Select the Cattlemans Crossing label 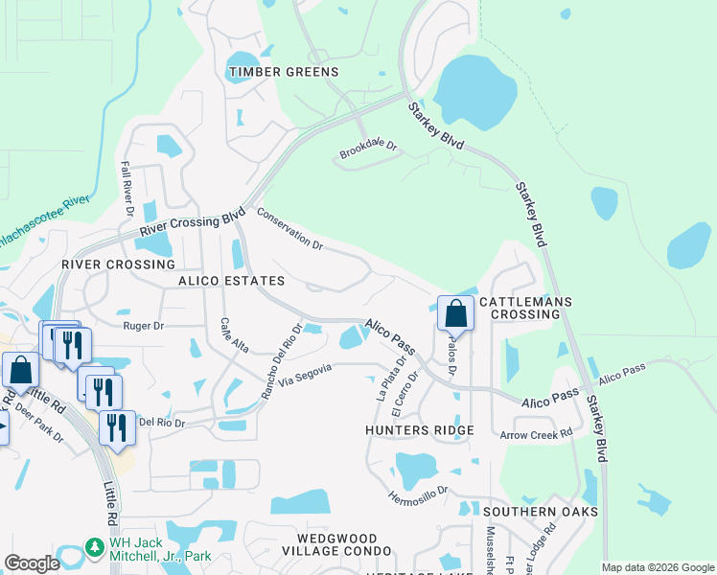pyautogui.click(x=525, y=309)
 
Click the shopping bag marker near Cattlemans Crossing pyautogui.click(x=455, y=313)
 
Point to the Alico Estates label pyautogui.click(x=231, y=281)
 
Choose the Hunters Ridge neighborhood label pyautogui.click(x=420, y=431)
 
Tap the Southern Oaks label pyautogui.click(x=541, y=512)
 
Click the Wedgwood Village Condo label pyautogui.click(x=337, y=545)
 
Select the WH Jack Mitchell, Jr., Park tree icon pyautogui.click(x=94, y=547)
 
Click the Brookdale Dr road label pyautogui.click(x=368, y=149)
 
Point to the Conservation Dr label pyautogui.click(x=289, y=230)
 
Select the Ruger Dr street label pyautogui.click(x=144, y=326)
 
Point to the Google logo pyautogui.click(x=32, y=563)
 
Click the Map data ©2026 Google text pyautogui.click(x=657, y=567)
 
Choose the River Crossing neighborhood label pyautogui.click(x=118, y=264)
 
